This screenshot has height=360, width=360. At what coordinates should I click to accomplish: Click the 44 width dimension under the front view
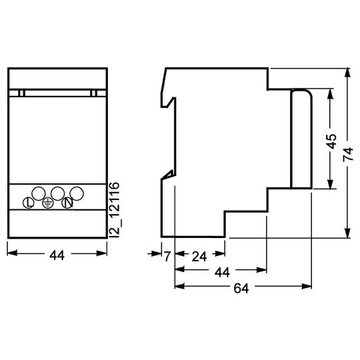coord(57,255)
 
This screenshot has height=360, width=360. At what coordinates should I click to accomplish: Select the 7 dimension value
coord(167,256)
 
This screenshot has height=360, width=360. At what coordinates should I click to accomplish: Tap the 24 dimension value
coord(199,256)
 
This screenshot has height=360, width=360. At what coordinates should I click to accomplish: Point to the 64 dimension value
coord(241,289)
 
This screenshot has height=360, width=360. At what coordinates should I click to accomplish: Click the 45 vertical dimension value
coord(332,141)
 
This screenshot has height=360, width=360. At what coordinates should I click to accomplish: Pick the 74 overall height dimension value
coord(348,154)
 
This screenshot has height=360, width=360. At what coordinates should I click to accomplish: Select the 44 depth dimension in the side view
coord(222,272)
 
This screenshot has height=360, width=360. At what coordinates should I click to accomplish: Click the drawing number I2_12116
coord(115,209)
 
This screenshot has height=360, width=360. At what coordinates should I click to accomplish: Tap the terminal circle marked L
coord(29,203)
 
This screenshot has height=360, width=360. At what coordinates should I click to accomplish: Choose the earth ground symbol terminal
coord(48,203)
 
